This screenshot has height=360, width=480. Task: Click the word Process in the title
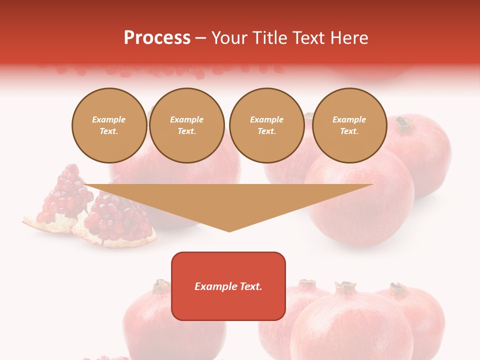157,38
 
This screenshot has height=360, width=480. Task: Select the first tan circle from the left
109,125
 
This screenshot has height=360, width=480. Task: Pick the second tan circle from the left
187,125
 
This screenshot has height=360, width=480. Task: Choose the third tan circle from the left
267,125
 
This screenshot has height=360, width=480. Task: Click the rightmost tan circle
349,125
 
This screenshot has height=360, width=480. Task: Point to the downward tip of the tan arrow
229,230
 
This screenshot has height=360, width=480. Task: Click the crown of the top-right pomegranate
404,122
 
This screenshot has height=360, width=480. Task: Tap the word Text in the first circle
108,131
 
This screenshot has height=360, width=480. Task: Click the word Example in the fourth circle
349,119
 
